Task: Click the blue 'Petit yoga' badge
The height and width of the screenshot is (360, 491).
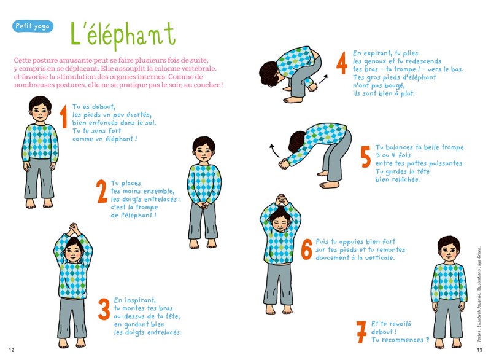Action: pyautogui.click(x=32, y=26)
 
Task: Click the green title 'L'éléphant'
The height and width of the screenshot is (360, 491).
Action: pyautogui.click(x=122, y=34)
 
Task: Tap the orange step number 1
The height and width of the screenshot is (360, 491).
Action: pyautogui.click(x=63, y=117)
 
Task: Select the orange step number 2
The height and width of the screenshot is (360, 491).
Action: pyautogui.click(x=101, y=192)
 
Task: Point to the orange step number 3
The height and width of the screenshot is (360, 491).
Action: pyautogui.click(x=104, y=310)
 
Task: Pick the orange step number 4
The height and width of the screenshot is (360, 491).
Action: pyautogui.click(x=342, y=63)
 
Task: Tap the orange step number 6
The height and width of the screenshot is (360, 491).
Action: pyautogui.click(x=306, y=249)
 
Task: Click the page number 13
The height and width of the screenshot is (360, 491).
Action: pyautogui.click(x=479, y=350)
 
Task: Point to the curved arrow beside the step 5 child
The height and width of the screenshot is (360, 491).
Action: pyautogui.click(x=273, y=149)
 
